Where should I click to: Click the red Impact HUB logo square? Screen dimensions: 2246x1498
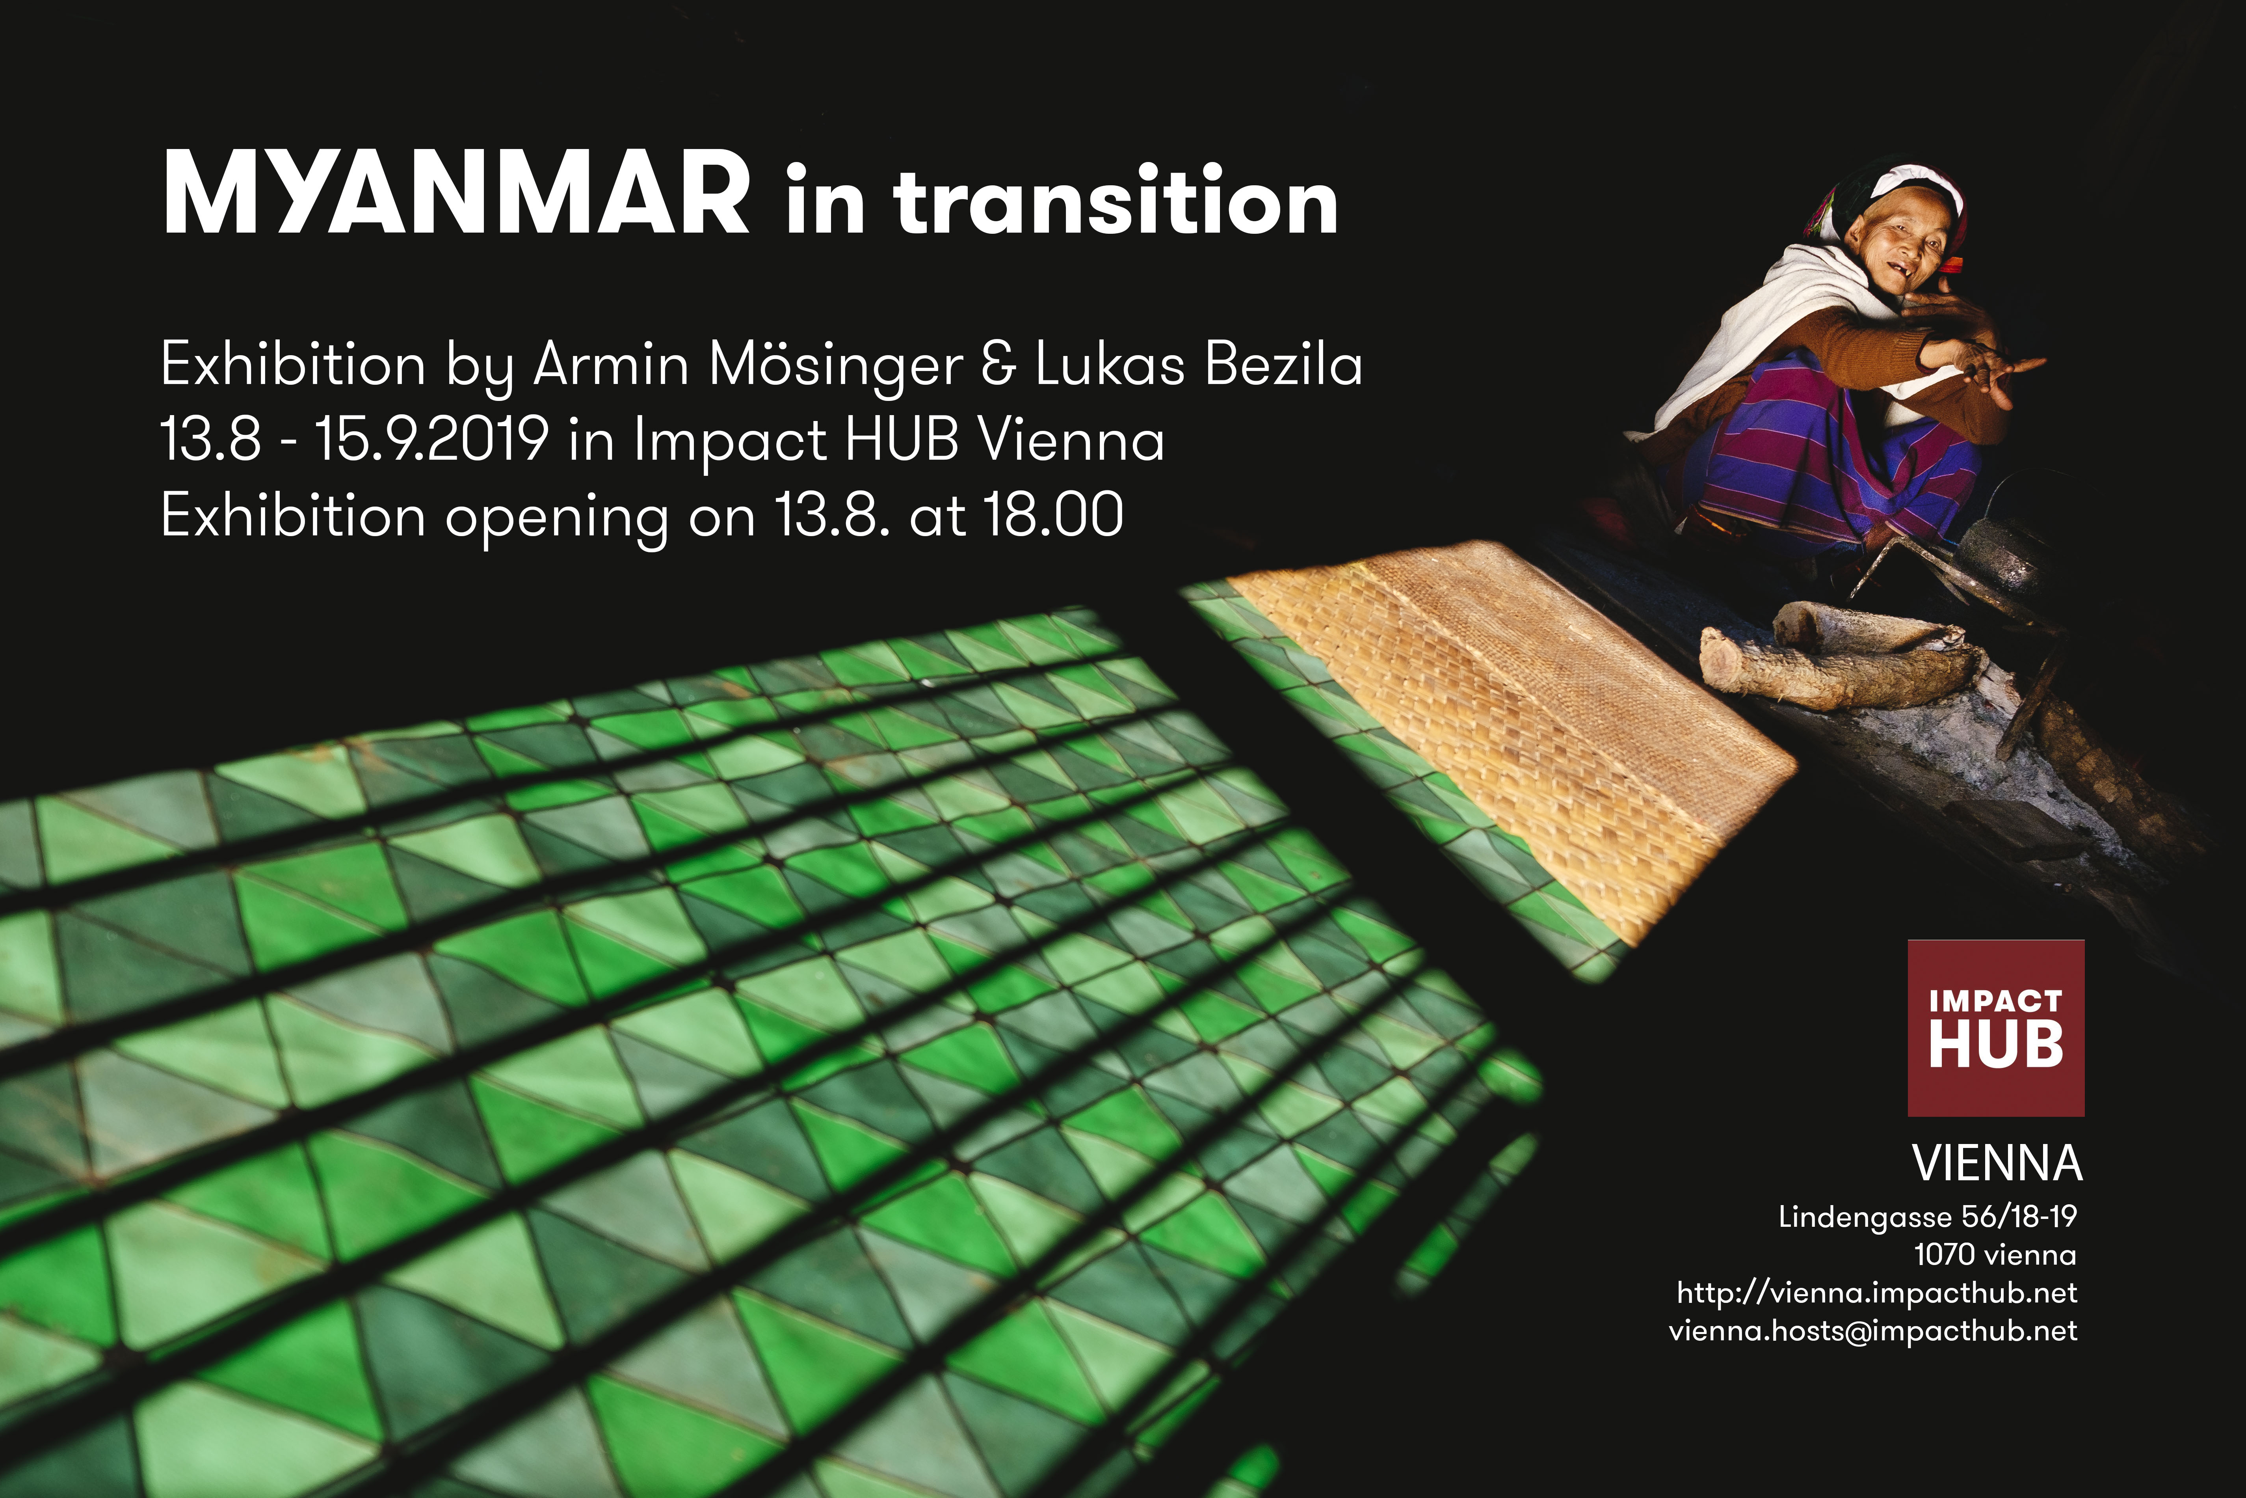[x=1996, y=1028]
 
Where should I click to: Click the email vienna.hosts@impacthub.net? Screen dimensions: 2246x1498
[x=1872, y=1331]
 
